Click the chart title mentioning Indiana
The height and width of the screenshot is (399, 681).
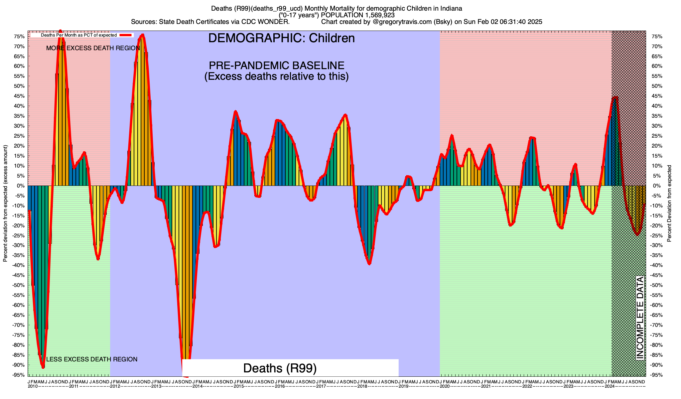(x=337, y=8)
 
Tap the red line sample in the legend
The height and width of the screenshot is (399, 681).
(x=126, y=35)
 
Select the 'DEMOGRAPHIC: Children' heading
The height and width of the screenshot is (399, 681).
(x=281, y=38)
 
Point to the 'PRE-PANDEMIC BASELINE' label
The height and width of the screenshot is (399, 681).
(x=276, y=65)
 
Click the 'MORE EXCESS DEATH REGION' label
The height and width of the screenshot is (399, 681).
(x=93, y=48)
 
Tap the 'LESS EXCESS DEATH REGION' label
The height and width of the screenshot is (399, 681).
(x=91, y=359)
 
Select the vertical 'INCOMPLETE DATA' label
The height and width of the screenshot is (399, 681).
(x=640, y=318)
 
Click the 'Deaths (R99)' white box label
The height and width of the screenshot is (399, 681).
(x=280, y=368)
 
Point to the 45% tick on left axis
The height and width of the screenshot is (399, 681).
(x=19, y=96)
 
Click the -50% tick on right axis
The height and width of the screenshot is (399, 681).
(x=656, y=285)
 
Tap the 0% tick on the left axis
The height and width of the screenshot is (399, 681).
(x=21, y=186)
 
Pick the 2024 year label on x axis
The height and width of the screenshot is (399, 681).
(x=610, y=386)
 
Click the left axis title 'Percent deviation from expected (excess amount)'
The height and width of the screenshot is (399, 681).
(x=5, y=203)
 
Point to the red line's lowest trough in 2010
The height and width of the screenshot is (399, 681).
(x=43, y=367)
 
